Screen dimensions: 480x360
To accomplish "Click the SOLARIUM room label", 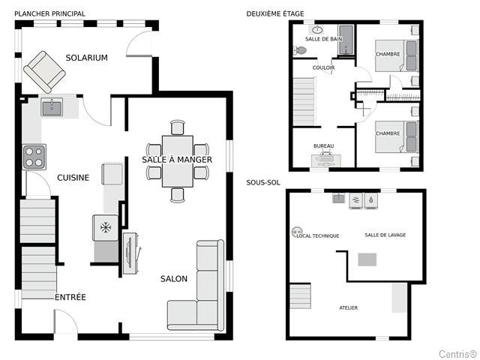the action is [87, 58].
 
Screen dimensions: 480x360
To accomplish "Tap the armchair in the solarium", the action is [45, 72].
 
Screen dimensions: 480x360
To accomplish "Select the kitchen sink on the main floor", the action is [52, 108].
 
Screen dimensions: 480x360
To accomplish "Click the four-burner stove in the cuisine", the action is [34, 157].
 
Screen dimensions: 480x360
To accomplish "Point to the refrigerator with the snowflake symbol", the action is [106, 227].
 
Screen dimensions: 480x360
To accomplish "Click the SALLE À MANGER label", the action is [177, 160].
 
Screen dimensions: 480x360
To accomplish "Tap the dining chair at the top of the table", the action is [178, 127].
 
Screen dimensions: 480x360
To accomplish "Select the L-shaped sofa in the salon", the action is [196, 285].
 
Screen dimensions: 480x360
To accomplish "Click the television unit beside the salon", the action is [130, 253].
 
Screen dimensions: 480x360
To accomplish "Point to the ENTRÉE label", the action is [70, 297].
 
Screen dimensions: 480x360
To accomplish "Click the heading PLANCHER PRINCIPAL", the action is [50, 13].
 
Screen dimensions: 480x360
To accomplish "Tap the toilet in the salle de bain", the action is [300, 50].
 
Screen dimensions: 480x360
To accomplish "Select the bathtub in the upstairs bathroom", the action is [346, 40].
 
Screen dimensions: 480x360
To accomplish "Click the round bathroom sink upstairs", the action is [317, 30].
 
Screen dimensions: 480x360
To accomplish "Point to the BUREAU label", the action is [323, 146].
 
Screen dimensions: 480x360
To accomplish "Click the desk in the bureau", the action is [326, 160].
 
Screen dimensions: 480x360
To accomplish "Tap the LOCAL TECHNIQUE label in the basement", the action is [318, 235].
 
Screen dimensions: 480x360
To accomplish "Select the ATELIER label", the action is [348, 307].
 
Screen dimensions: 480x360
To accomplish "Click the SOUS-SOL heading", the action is [263, 183].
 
